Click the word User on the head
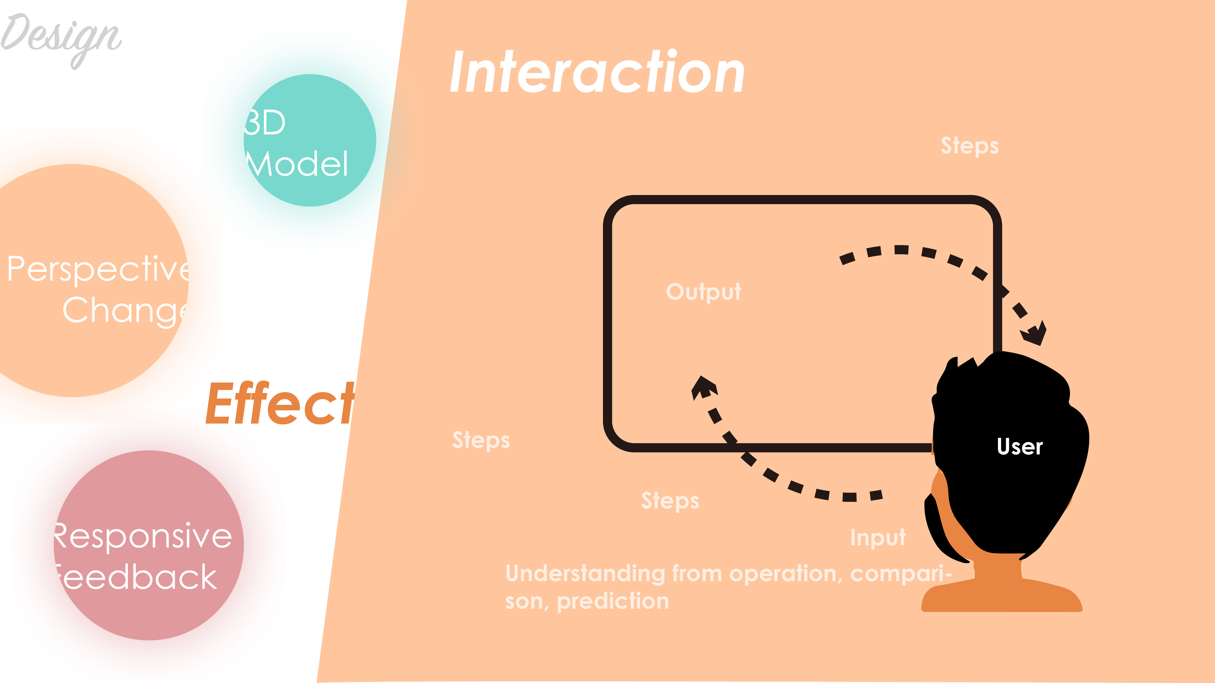[x=1019, y=446]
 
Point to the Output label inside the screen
[x=703, y=292]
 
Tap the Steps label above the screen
[x=969, y=146]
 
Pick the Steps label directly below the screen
[x=670, y=501]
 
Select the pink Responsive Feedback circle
[x=149, y=545]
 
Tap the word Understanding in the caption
[x=585, y=574]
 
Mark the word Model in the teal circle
[x=298, y=164]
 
